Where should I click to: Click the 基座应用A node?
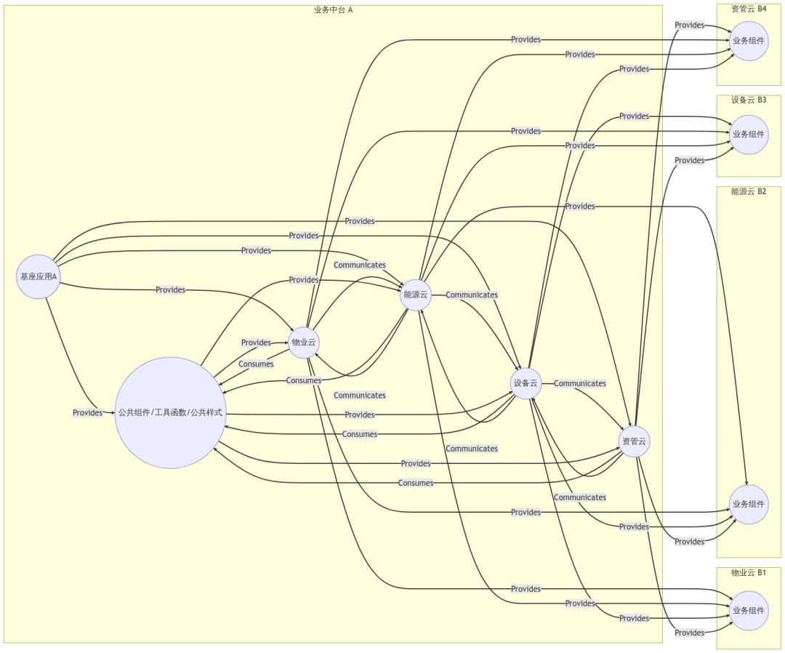[x=38, y=276]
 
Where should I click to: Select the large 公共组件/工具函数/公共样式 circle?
[x=170, y=412]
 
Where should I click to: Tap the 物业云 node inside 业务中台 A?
[x=305, y=342]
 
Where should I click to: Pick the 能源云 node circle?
[x=416, y=295]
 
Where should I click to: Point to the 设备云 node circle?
[x=526, y=383]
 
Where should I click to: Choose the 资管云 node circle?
[x=635, y=441]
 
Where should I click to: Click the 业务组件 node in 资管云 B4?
[x=748, y=41]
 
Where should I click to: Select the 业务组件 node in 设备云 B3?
[x=748, y=135]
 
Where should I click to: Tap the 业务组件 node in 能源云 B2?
[x=748, y=504]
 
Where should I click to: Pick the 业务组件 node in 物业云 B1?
[x=748, y=611]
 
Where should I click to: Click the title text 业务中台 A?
[x=333, y=10]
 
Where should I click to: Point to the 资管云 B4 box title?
[x=749, y=9]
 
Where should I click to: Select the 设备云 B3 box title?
[x=749, y=100]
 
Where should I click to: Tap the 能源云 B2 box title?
[x=749, y=191]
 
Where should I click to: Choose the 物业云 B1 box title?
[x=749, y=572]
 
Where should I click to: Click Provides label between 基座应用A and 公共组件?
[x=87, y=413]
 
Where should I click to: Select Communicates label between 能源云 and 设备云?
[x=472, y=295]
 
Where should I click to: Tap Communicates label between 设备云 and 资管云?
[x=579, y=383]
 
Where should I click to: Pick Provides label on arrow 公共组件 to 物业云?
[x=256, y=342]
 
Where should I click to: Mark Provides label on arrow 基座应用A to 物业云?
[x=170, y=289]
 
